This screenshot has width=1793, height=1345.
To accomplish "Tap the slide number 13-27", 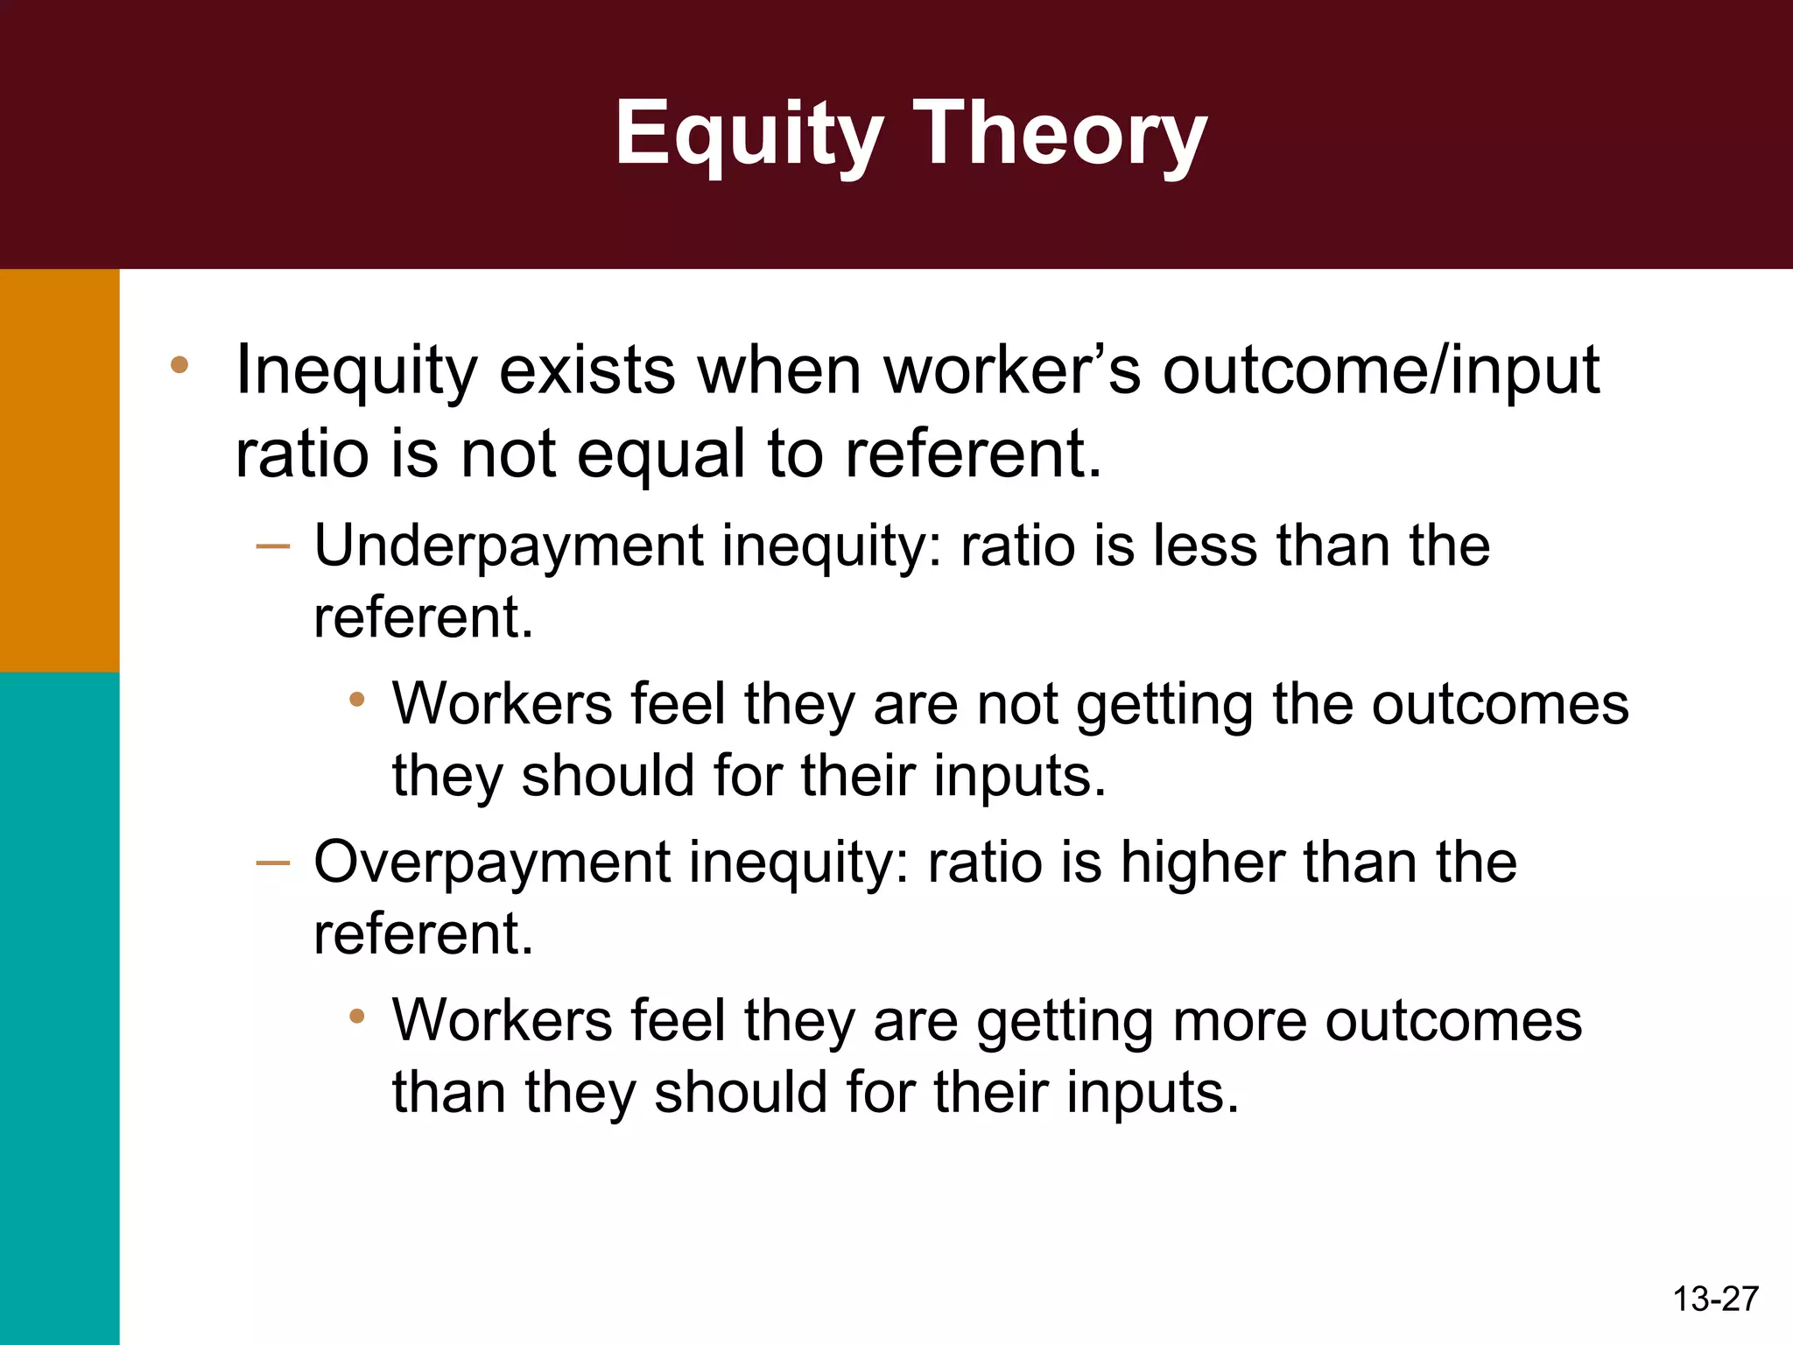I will click(1715, 1299).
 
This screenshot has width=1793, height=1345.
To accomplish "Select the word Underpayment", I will click(508, 547).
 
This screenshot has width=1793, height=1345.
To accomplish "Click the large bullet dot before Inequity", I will click(179, 365).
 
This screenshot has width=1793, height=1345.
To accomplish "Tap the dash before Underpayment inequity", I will click(273, 547).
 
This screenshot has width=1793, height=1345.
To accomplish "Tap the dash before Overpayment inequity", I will click(273, 863).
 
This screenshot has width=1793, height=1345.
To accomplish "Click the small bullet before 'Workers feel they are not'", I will click(355, 700).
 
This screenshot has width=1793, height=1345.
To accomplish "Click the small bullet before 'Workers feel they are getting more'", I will click(355, 1017).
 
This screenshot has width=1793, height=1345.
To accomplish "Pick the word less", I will click(1206, 546).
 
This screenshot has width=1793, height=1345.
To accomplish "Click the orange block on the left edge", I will click(59, 470).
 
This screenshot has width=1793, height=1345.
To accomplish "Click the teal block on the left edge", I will click(59, 1007).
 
